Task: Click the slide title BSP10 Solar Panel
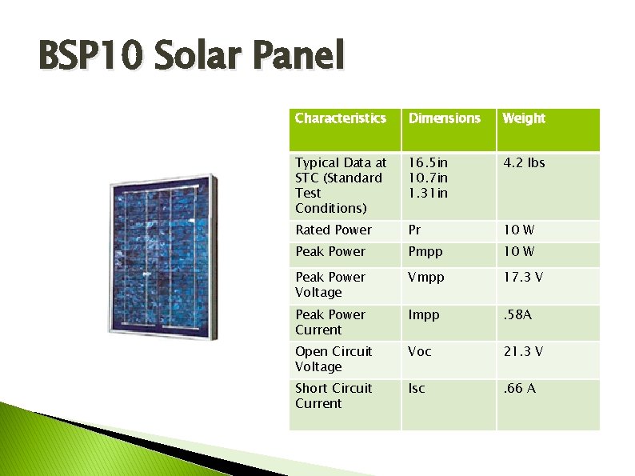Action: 191,57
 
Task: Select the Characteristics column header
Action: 340,118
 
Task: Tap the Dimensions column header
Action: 444,118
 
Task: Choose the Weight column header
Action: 523,118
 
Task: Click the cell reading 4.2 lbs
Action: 523,162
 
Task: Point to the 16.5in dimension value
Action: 428,162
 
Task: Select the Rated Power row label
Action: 333,230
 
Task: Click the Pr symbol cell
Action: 414,230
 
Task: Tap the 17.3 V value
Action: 523,277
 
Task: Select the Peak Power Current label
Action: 330,322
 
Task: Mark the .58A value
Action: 517,314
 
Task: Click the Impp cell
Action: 423,314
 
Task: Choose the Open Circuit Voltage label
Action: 333,358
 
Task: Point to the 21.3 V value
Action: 523,351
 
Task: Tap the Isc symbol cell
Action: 416,388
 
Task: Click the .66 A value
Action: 519,388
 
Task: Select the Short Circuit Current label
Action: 333,395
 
